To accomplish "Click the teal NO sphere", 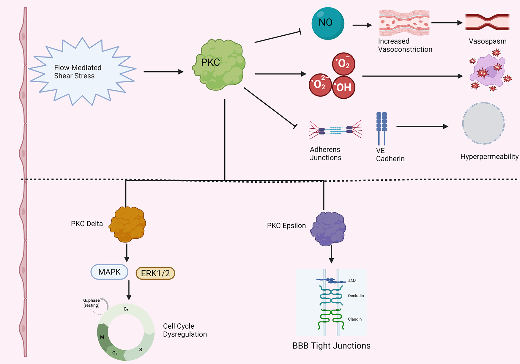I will [x=328, y=23].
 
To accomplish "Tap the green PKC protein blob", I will [x=220, y=65].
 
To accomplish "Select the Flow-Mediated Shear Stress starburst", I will [x=82, y=72].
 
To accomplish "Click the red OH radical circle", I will [x=344, y=87].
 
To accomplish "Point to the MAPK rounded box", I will [x=109, y=272].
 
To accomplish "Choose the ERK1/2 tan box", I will [x=155, y=273].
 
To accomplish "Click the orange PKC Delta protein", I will [x=128, y=224].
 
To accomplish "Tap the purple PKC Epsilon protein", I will [x=329, y=229].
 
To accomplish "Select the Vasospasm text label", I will [x=487, y=41].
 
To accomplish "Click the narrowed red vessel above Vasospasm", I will [x=487, y=22].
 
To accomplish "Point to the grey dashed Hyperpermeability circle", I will [x=483, y=123].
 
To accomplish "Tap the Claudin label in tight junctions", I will [x=355, y=319].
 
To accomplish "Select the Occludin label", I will [x=356, y=296].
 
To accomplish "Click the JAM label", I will [x=352, y=281].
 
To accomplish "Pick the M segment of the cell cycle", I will [x=103, y=337].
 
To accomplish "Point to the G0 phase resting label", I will [x=91, y=303].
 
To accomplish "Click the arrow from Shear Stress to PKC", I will [x=163, y=72].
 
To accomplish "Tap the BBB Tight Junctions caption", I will [x=331, y=346].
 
